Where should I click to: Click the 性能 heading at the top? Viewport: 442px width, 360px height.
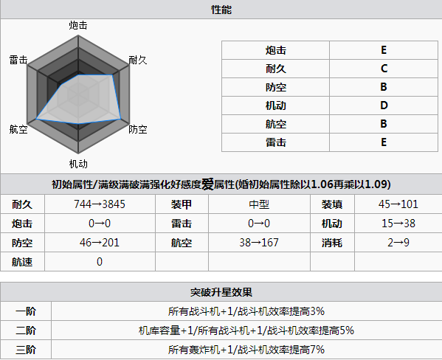click(221, 10)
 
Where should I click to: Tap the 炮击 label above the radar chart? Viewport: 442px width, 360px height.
click(78, 25)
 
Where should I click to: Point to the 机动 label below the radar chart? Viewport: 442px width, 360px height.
click(78, 164)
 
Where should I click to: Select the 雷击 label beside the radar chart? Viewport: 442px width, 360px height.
click(18, 60)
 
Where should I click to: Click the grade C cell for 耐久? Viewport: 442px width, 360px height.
click(384, 69)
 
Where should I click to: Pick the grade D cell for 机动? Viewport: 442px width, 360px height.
click(384, 105)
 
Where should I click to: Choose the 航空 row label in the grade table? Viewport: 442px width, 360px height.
click(276, 124)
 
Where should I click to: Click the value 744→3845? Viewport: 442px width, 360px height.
click(100, 204)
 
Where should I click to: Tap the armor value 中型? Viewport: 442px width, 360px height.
click(259, 204)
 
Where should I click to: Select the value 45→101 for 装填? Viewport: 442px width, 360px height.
click(398, 204)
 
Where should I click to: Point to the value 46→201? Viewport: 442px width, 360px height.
click(100, 243)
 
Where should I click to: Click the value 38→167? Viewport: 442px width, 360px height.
click(259, 243)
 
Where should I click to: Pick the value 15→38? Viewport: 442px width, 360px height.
click(398, 224)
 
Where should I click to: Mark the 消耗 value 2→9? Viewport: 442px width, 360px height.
click(398, 243)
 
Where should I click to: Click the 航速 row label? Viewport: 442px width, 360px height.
click(22, 262)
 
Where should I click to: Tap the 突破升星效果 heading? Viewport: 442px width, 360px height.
click(221, 292)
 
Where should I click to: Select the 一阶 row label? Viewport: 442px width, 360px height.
click(26, 311)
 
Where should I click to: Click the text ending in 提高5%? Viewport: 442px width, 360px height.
click(246, 330)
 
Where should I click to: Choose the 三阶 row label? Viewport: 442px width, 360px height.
click(26, 350)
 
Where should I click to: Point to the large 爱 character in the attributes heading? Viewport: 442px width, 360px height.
click(207, 184)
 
